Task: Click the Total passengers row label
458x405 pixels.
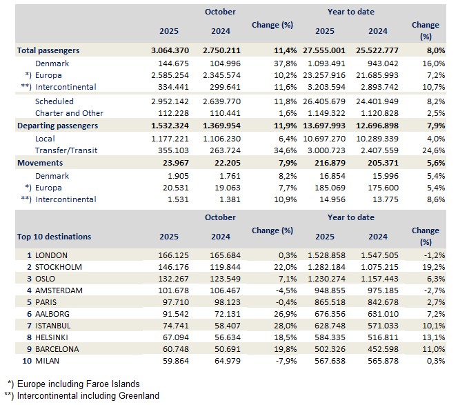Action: coord(48,50)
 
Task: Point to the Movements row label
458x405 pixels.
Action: coord(40,163)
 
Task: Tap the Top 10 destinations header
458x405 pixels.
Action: coord(54,237)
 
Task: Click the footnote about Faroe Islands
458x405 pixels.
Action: coord(83,384)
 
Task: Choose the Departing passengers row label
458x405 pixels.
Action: coord(57,126)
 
